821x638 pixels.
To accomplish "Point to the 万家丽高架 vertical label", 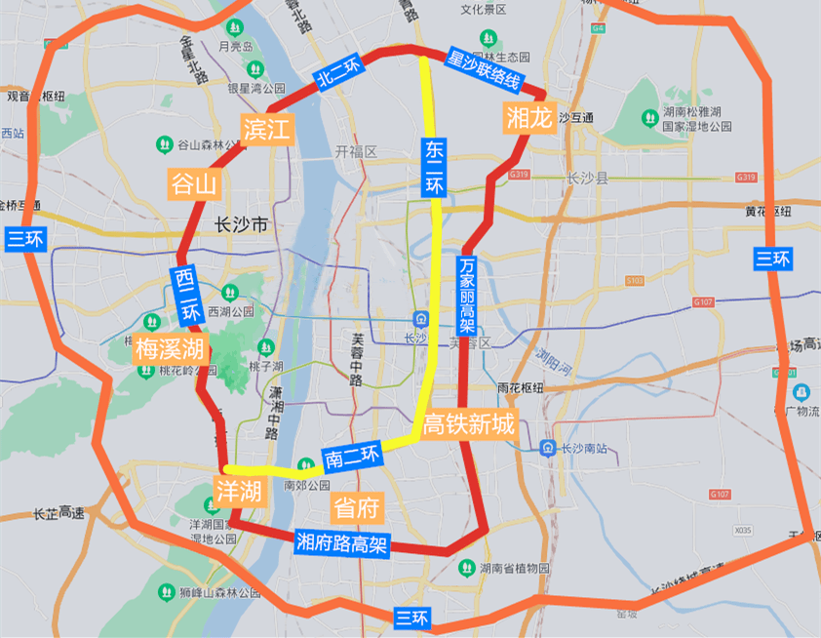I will point(467,295).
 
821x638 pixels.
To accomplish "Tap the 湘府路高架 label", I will point(341,543).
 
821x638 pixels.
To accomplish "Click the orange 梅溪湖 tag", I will point(170,348).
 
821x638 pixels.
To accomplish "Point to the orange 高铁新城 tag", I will point(468,424).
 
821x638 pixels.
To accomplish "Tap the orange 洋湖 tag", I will point(238,491).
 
